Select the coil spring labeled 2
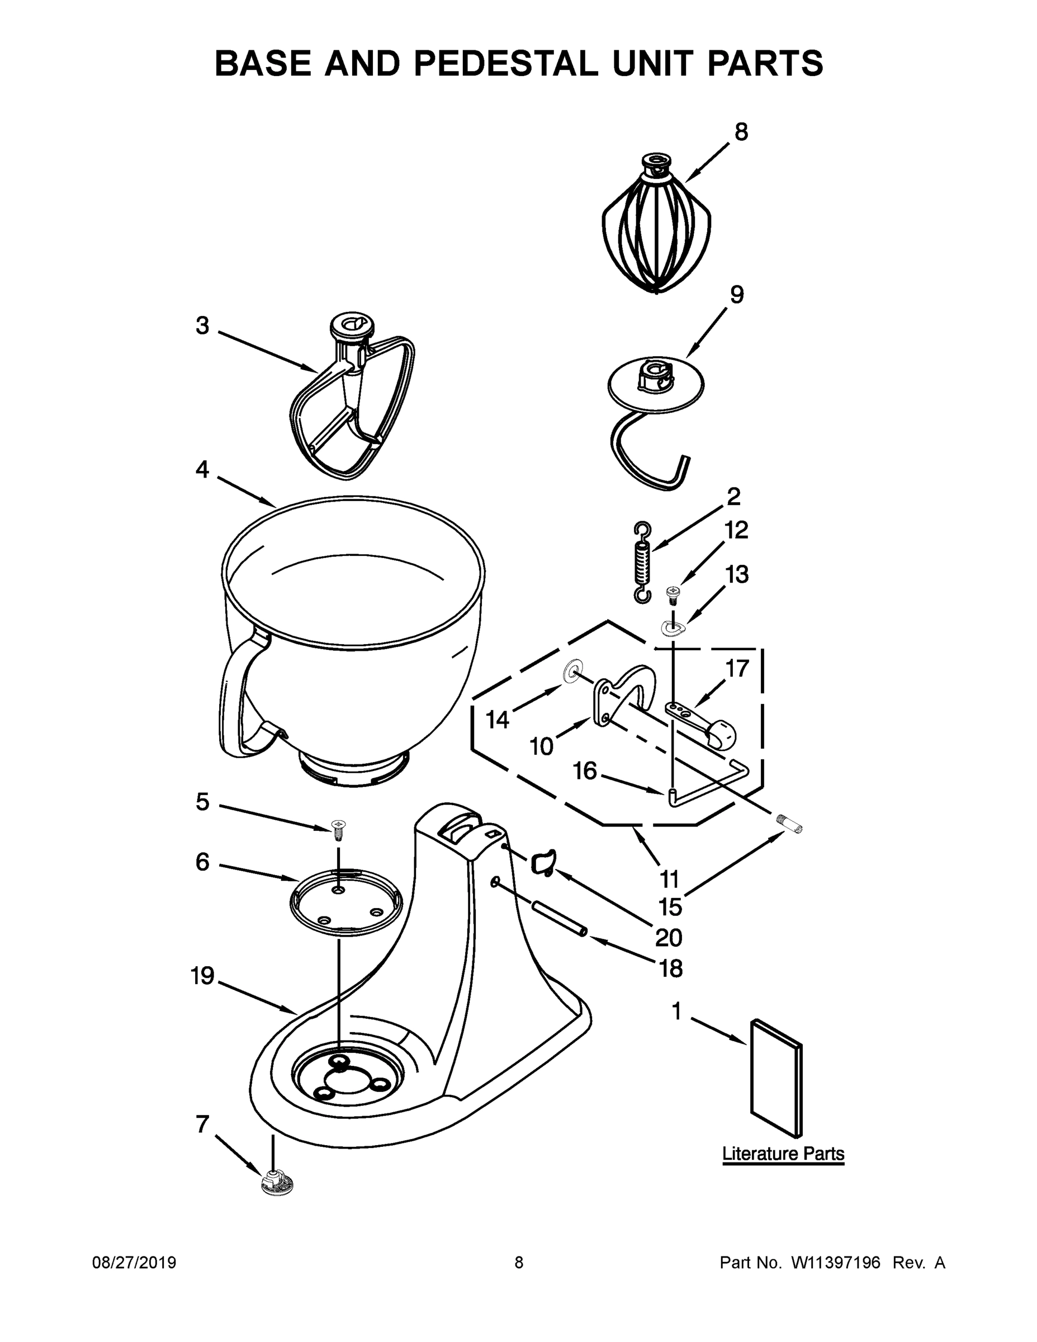[642, 562]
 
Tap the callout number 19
[202, 975]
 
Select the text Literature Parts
[783, 1154]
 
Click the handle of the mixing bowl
[236, 701]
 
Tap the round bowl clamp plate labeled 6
[346, 901]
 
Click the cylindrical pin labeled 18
[560, 919]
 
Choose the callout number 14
[497, 720]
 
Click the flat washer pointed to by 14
[571, 672]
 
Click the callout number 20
[669, 937]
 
